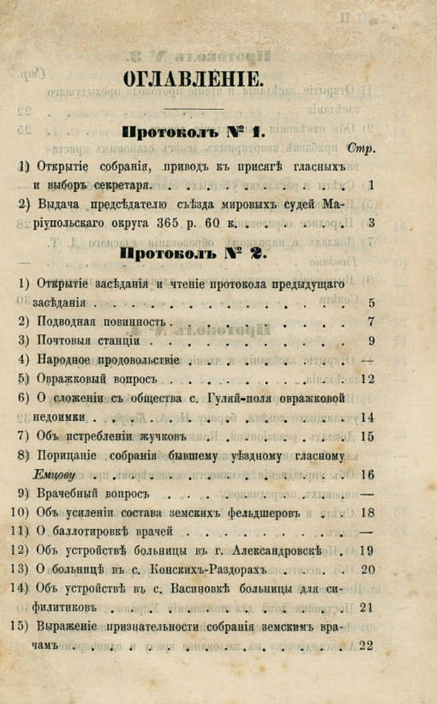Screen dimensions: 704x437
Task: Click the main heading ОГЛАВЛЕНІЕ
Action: pos(192,79)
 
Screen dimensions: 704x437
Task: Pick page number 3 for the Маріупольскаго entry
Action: pos(371,223)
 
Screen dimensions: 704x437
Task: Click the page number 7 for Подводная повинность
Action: pos(371,323)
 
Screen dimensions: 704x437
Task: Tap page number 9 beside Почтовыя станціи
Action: pos(371,341)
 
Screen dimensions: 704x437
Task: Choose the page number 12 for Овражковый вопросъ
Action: pos(367,379)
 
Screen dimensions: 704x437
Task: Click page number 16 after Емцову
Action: pos(367,475)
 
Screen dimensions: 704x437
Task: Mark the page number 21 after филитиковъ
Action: pos(367,608)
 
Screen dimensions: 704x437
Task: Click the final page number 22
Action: pos(367,646)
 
